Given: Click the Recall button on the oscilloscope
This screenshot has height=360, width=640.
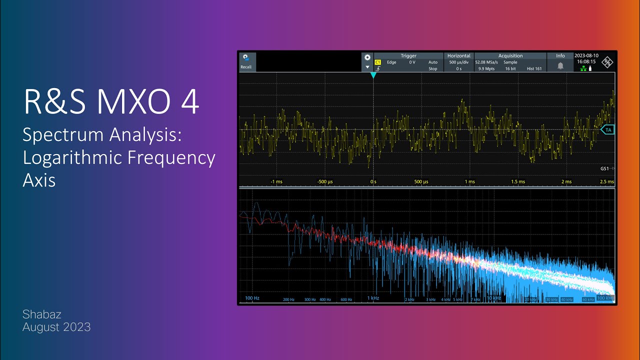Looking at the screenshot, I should coord(246,62).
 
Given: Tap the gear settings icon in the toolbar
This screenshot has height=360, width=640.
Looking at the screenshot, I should coord(367,57).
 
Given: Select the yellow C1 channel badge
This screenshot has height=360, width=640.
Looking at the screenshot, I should coord(378,62).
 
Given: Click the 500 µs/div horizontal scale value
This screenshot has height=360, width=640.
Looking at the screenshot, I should coord(458,62).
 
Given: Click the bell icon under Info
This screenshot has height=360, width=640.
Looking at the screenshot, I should coord(560,65).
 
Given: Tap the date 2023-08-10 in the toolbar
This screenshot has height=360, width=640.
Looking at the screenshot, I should coord(586,55).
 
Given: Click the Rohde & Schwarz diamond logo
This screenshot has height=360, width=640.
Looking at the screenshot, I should coord(607,62).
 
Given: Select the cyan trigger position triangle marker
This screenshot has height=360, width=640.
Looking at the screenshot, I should coord(373,75).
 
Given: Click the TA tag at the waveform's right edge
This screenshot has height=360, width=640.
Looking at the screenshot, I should coord(607,129).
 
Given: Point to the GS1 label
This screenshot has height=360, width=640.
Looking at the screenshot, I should coord(605,168).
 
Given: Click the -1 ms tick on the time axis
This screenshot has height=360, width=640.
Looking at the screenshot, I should coord(276,181).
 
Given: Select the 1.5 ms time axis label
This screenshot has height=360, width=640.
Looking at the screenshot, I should coord(517,181).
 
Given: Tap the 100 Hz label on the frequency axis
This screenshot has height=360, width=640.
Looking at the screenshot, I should coord(252,298).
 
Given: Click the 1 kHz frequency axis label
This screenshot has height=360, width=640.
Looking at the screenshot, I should coord(373,298).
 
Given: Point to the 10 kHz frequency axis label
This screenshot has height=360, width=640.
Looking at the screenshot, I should coord(493,298).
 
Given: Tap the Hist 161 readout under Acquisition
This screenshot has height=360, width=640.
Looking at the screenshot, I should coord(534,68).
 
